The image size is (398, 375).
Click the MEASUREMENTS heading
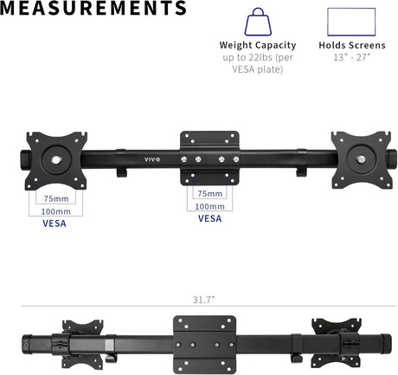coord(93,8)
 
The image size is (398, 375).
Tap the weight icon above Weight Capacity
coord(258,22)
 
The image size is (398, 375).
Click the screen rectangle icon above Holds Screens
coord(351,22)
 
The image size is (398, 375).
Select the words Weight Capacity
coord(258,45)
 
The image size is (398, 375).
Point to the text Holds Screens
coord(352,45)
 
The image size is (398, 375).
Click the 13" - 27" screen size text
coord(351,57)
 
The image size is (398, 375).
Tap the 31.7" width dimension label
coord(204,300)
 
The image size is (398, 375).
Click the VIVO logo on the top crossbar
coord(152,159)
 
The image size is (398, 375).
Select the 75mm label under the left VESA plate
coord(56,198)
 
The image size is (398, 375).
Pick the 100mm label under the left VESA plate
coord(55,211)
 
